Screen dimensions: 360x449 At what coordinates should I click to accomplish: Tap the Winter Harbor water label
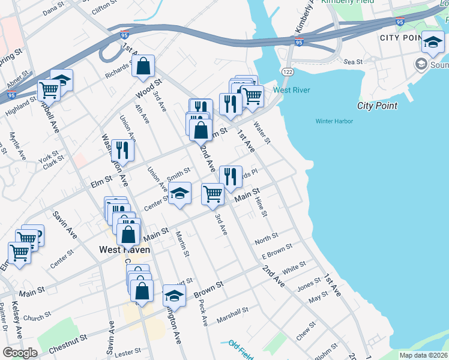[x=334, y=121]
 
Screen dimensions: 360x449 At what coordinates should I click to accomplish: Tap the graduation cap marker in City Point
[x=433, y=41]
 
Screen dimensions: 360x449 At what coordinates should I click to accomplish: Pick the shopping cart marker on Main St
[x=213, y=194]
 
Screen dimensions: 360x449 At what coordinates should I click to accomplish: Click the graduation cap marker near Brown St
[x=174, y=295]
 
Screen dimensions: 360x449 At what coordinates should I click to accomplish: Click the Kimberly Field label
[x=348, y=2]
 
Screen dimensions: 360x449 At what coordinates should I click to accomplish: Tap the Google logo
[x=20, y=353]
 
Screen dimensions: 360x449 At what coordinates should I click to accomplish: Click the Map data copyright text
[x=423, y=355]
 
